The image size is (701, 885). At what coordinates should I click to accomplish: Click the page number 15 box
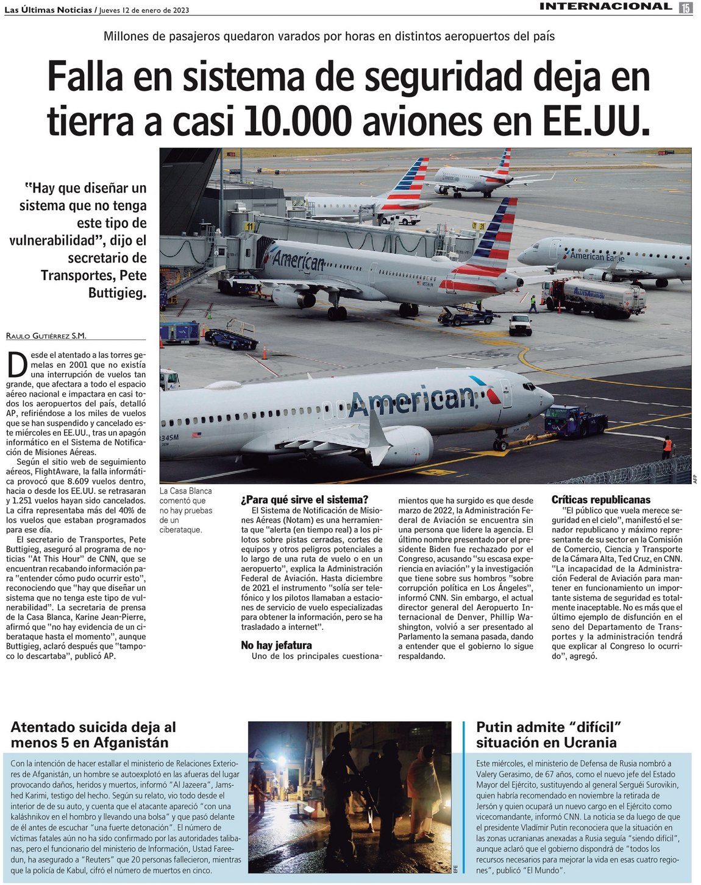(x=686, y=7)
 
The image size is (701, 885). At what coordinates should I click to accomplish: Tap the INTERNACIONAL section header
(x=605, y=7)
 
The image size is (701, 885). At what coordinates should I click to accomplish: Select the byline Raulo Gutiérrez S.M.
(x=46, y=336)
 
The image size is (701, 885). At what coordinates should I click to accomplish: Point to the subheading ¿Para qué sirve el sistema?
(x=304, y=500)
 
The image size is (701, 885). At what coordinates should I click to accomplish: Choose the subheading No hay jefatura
(x=276, y=645)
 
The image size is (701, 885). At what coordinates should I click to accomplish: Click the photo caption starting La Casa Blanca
(x=185, y=510)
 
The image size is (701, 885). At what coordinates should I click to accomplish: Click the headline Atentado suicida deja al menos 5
(x=93, y=735)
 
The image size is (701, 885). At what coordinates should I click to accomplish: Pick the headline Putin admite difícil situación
(x=546, y=735)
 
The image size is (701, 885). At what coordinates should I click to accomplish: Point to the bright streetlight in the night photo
(x=282, y=761)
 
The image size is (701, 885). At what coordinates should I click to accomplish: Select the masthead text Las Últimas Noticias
(x=48, y=10)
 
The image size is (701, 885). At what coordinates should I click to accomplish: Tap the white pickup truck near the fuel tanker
(x=520, y=325)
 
